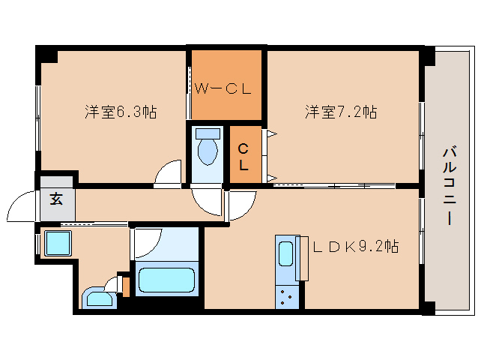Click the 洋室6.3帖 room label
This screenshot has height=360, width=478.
121,112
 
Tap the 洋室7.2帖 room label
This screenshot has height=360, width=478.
341,112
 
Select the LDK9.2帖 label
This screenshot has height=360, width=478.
356,246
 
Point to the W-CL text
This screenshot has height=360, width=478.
223,88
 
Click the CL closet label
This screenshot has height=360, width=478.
243,157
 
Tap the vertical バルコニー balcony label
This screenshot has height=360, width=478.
450,186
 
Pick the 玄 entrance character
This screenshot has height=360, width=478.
56,199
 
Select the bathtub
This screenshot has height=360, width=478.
166,280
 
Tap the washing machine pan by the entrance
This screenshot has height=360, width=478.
58,243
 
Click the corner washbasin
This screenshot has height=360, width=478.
100,298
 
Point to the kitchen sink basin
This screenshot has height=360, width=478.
286,253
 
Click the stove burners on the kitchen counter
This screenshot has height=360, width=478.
287,296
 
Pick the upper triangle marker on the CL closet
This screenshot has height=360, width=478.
272,133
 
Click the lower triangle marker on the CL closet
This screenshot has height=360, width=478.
272,178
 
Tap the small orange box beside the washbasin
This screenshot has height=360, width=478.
126,286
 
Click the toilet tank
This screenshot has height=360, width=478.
208,133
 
